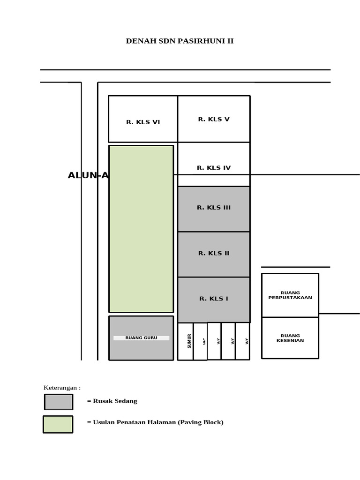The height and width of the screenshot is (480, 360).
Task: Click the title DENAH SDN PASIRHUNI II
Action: click(180, 41)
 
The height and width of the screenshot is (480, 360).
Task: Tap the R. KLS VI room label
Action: click(143, 122)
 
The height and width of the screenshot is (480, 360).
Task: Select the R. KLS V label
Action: click(214, 120)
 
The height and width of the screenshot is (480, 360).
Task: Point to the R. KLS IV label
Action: click(214, 168)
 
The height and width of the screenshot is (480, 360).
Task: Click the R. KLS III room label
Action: click(214, 208)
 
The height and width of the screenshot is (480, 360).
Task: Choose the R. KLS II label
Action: click(214, 254)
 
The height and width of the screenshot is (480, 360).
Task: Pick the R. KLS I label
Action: click(214, 299)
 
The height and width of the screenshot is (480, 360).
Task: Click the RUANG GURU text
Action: click(141, 338)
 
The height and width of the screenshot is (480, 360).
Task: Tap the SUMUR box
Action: click(186, 341)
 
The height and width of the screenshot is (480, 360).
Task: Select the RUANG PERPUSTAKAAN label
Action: click(290, 295)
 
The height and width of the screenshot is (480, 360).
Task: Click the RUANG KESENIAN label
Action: click(290, 338)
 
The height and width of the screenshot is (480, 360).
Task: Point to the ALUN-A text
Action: click(88, 176)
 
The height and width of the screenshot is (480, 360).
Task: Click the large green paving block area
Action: click(141, 229)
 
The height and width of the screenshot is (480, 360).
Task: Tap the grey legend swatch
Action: click(59, 402)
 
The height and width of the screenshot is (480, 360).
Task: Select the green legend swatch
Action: click(58, 424)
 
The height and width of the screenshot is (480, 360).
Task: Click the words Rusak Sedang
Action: click(112, 401)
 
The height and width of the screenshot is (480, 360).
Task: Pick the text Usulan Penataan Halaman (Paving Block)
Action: click(155, 422)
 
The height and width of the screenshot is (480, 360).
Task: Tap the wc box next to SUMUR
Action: click(200, 342)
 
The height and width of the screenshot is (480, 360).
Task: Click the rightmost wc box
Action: click(242, 341)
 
